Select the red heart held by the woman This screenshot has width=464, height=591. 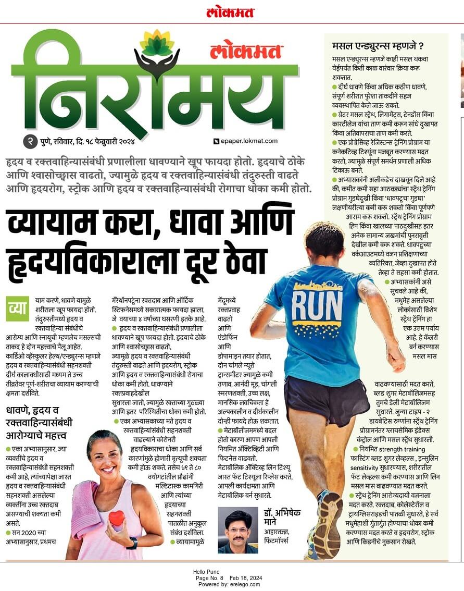(116, 518)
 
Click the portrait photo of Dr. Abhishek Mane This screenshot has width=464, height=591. (237, 530)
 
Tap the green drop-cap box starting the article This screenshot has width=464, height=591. (18, 309)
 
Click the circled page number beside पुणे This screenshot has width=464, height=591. (30, 142)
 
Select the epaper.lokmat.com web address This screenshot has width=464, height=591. (247, 142)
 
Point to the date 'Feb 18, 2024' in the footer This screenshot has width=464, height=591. (247, 578)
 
